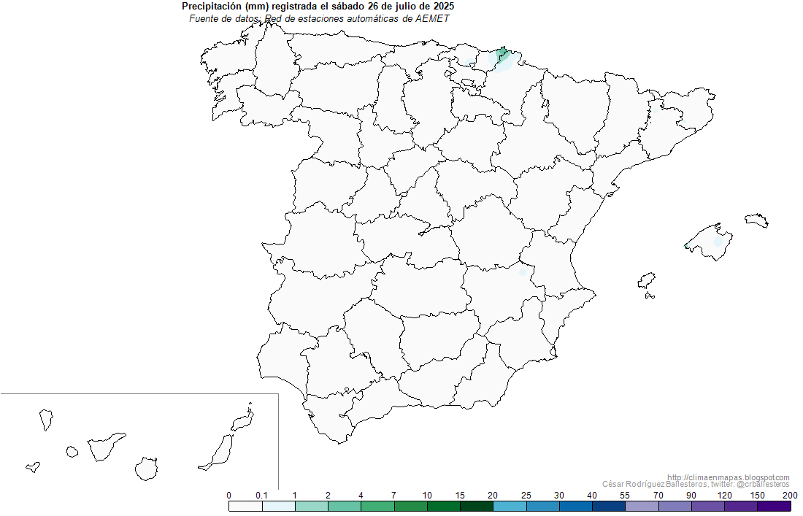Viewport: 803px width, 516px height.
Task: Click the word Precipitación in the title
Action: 212,7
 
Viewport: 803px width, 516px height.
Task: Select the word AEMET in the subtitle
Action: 431,18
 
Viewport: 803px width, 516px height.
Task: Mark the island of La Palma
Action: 46,420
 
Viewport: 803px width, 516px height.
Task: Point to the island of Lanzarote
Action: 243,420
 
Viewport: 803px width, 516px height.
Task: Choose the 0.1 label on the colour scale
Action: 261,496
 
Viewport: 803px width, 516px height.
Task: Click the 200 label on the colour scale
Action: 790,496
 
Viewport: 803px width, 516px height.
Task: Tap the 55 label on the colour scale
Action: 624,496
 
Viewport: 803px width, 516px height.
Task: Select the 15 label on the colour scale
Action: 460,496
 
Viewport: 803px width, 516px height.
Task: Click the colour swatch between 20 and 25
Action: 510,506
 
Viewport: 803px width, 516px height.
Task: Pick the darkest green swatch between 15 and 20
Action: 477,506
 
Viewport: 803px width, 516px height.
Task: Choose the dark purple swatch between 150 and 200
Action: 774,506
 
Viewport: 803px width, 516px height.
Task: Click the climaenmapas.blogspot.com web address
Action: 728,477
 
